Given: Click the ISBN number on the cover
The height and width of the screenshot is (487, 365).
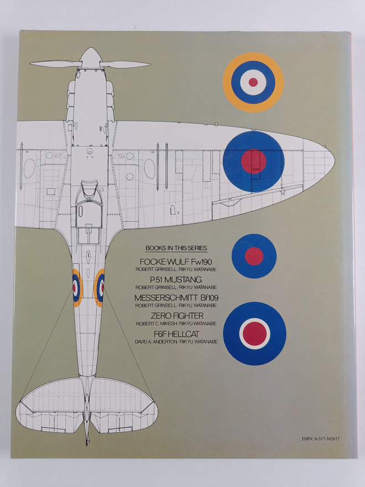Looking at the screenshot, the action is (320, 439).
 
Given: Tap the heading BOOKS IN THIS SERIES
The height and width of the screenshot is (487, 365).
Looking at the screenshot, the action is (176, 248).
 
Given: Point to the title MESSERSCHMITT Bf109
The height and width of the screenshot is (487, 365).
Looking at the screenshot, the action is (176, 298).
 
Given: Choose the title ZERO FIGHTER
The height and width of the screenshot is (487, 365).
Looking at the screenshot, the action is (177, 316).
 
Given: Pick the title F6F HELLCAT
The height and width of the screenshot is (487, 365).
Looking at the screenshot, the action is (176, 334).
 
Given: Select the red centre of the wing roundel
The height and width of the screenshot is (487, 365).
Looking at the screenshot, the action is (254, 162).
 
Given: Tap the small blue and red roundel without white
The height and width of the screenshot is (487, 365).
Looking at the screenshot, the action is (254, 256).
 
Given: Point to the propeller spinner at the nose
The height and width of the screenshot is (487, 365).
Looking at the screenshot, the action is (90, 58).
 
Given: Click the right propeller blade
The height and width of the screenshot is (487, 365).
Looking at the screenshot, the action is (125, 65).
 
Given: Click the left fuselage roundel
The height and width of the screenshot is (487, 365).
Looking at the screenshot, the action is (77, 288).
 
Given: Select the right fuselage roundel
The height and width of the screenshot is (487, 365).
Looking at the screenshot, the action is (100, 288).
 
